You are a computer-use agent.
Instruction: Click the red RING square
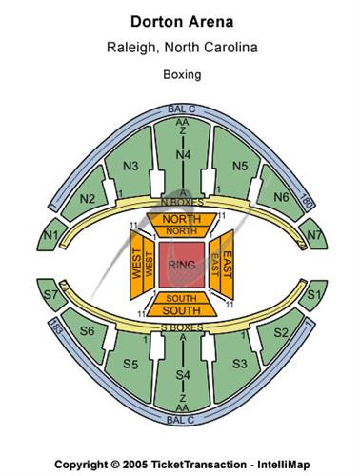tap(180, 263)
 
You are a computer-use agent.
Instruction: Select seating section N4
tap(180, 154)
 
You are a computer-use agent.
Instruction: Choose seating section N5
tap(239, 166)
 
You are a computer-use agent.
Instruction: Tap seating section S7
tap(50, 296)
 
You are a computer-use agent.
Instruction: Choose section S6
tap(87, 331)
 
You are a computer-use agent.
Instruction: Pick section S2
tap(280, 331)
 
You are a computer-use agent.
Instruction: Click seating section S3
tap(239, 363)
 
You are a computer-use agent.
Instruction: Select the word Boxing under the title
tap(180, 72)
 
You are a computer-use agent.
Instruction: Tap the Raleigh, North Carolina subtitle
tap(180, 45)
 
